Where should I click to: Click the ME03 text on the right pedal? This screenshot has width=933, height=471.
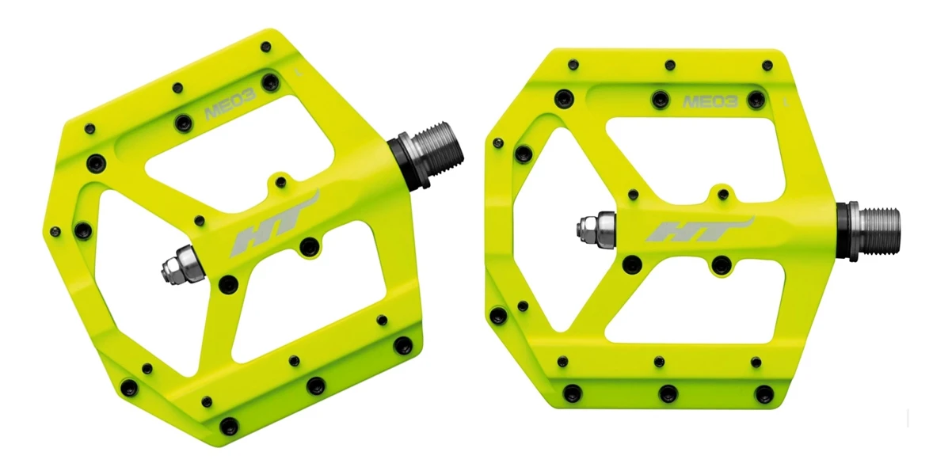[710, 101]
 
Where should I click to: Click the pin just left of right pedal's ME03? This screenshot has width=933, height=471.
[659, 99]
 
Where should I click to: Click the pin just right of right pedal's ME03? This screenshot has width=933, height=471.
[756, 100]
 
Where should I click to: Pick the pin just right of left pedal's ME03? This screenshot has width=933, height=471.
[272, 82]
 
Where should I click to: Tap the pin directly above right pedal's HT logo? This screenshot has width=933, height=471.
[722, 192]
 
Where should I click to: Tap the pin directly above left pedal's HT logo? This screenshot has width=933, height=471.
[280, 182]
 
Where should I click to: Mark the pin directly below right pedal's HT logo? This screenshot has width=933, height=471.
[719, 264]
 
